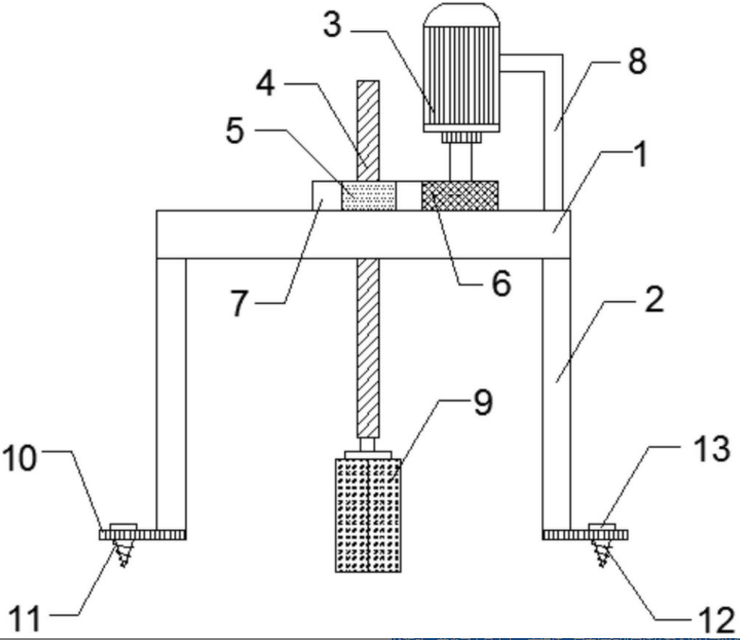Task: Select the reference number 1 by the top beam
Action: point(643,157)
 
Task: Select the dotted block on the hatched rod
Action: point(368,196)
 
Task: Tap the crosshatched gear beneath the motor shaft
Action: point(458,196)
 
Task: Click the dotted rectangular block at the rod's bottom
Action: point(368,516)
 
